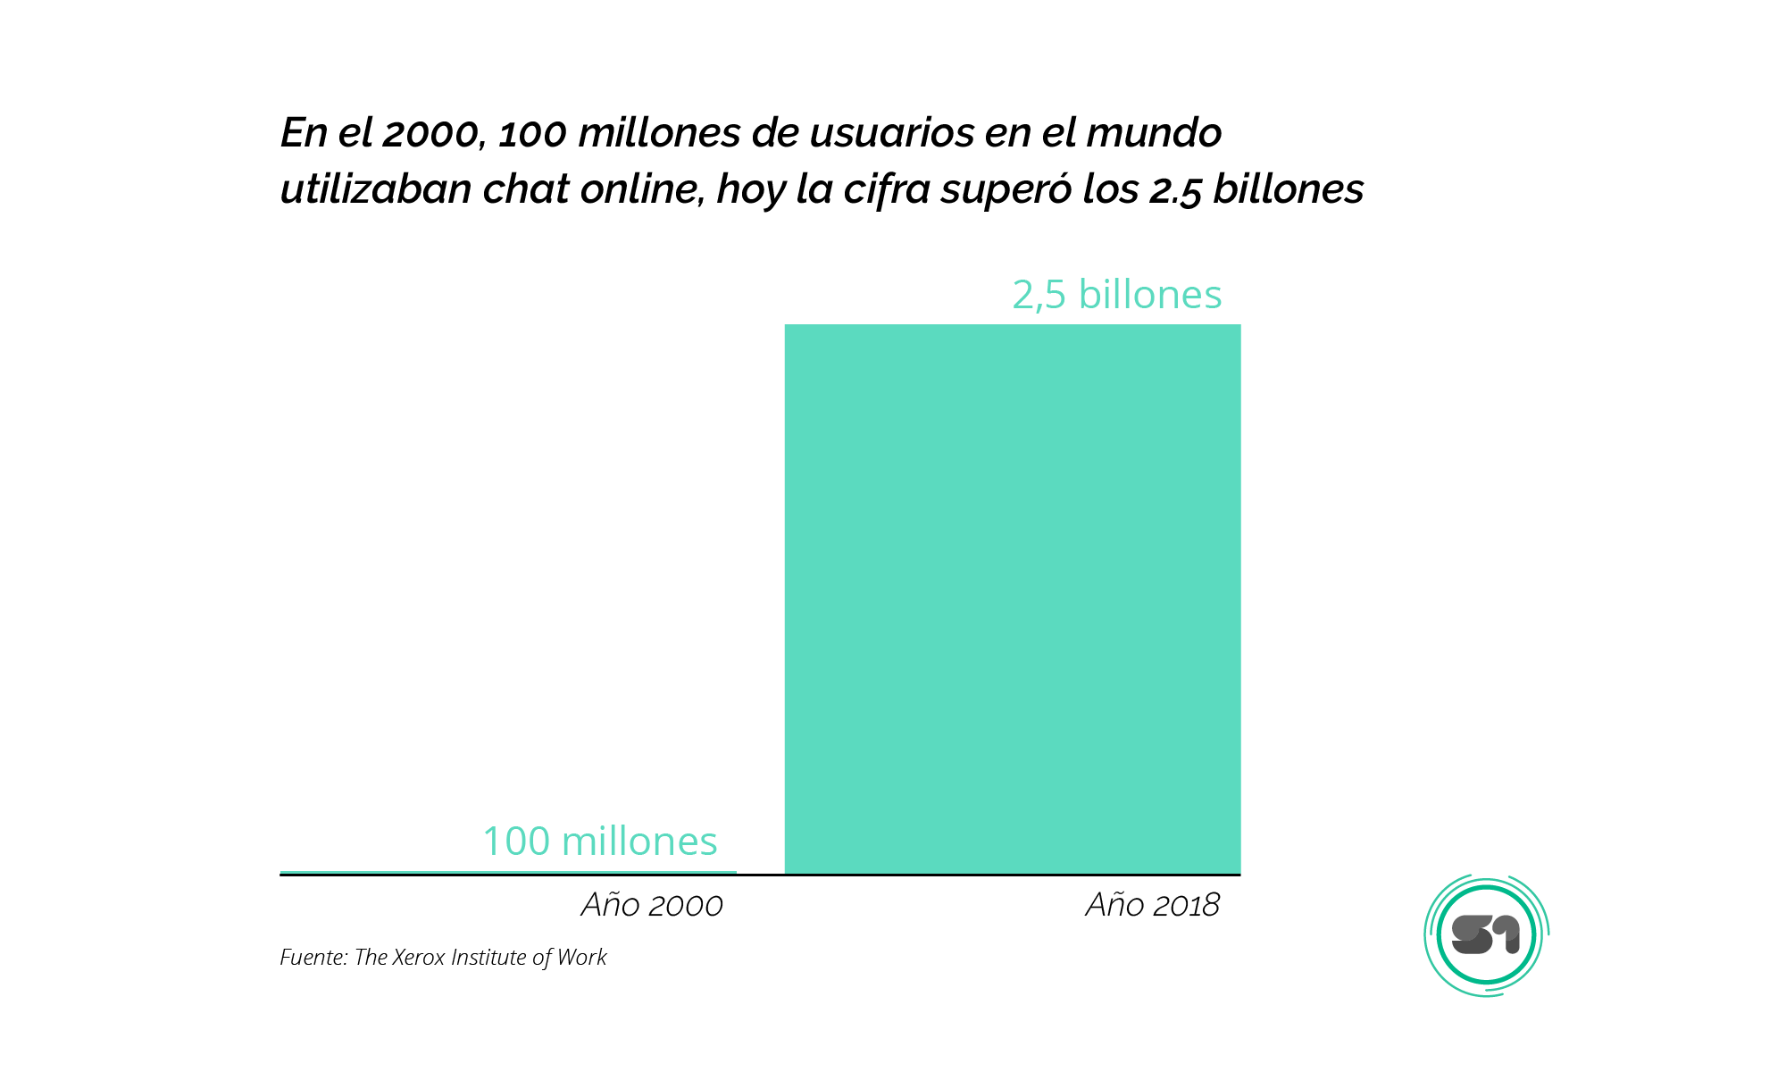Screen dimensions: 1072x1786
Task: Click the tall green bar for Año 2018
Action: [x=1012, y=599]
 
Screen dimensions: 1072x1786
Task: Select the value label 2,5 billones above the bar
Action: [x=1116, y=295]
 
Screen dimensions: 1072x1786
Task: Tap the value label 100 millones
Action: [x=599, y=842]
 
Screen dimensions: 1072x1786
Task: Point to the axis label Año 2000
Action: [x=652, y=905]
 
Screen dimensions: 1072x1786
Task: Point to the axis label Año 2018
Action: [x=1152, y=905]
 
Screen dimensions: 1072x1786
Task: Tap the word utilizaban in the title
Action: [x=376, y=189]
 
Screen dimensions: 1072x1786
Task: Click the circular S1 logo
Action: [x=1486, y=935]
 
